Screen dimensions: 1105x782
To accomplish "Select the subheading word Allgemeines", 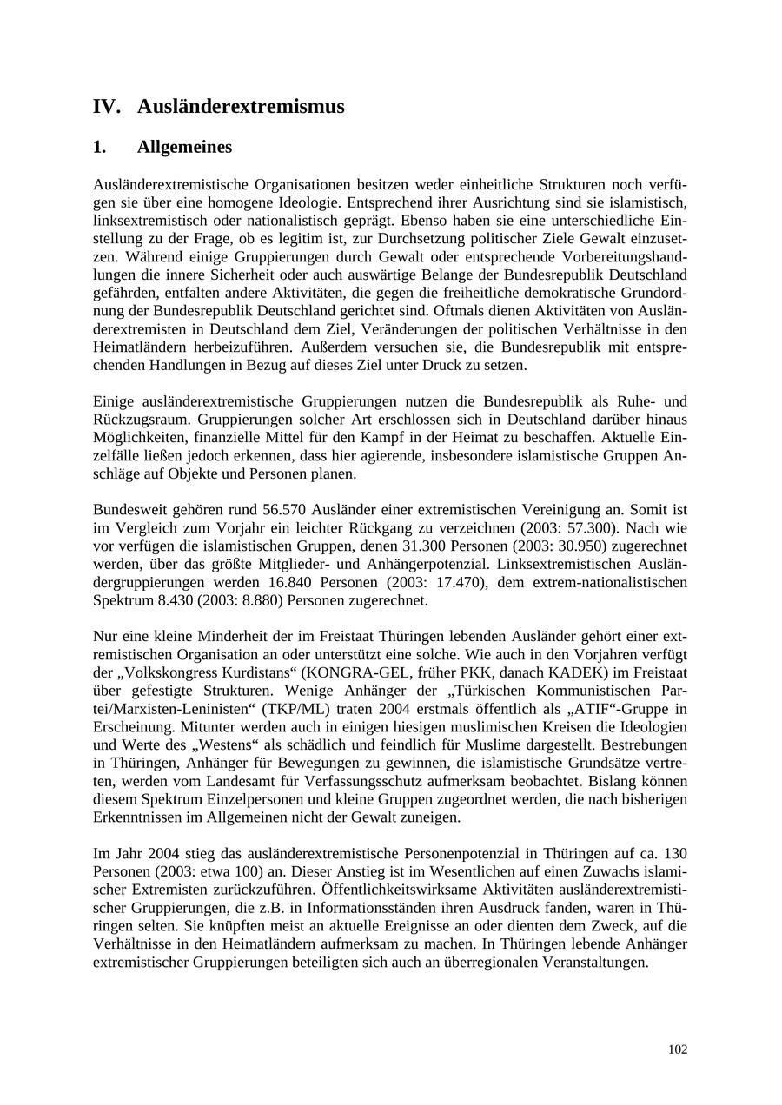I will click(184, 147).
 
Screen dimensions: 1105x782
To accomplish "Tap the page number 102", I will click(678, 1049).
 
